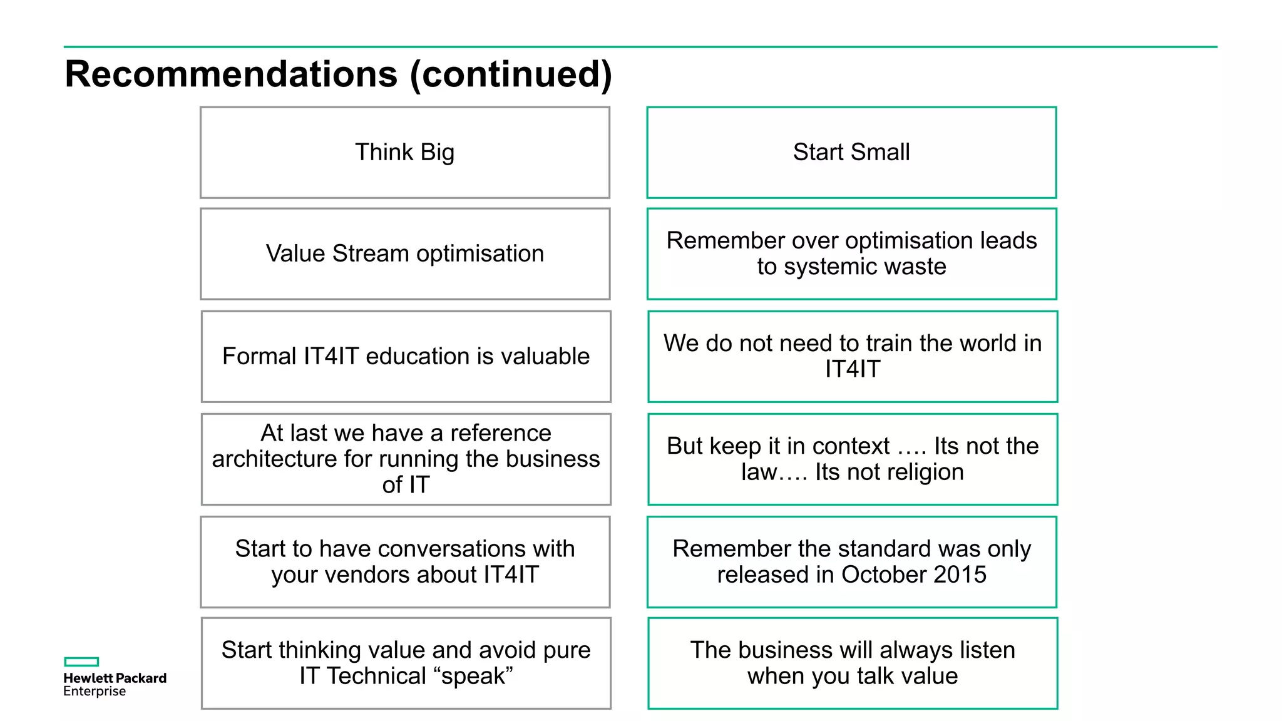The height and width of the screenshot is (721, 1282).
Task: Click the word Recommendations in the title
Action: [231, 74]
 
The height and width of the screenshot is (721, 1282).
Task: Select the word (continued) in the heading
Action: [510, 74]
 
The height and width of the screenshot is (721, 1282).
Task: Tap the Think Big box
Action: [405, 153]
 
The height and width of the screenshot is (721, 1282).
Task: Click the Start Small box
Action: [851, 153]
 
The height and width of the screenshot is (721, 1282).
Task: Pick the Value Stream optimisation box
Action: [405, 254]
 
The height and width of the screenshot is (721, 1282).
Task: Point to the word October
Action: [883, 575]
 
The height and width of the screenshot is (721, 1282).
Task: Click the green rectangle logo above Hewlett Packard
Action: [81, 662]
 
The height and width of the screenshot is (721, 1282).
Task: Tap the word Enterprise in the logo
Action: [95, 692]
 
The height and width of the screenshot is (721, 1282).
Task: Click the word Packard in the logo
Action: [141, 678]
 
